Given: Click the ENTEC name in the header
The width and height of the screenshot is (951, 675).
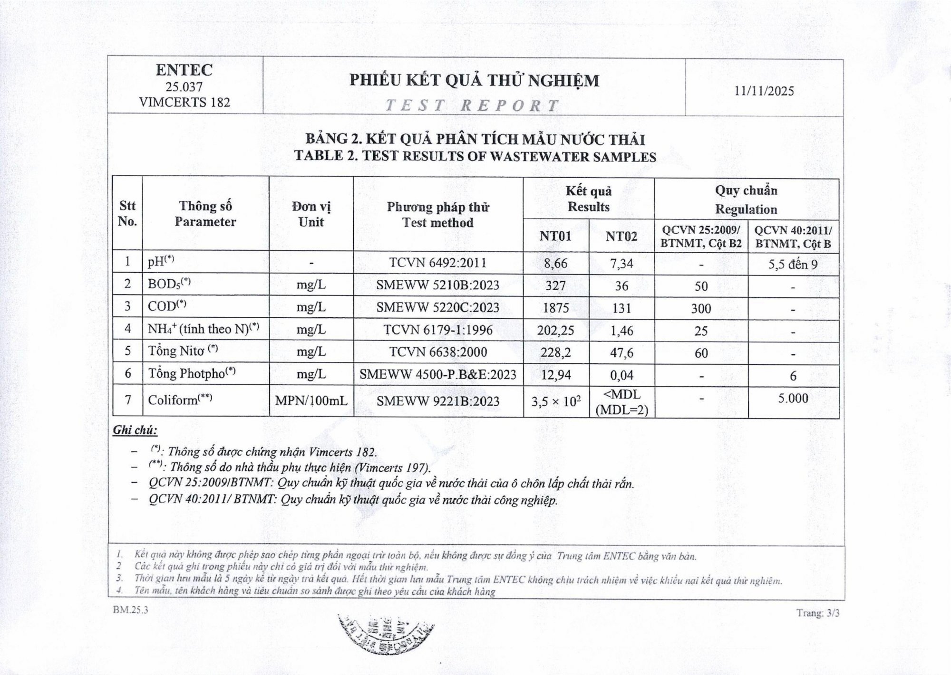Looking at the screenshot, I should tap(184, 70).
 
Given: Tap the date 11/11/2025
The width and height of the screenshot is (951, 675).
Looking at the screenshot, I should tap(764, 91).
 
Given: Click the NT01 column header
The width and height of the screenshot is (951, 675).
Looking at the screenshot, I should tap(555, 236).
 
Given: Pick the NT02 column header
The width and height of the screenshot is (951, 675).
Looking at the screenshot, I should tap(621, 236).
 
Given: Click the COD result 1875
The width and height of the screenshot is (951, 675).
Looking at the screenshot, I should tap(555, 308).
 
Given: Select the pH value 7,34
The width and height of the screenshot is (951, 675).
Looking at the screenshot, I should tap(621, 263).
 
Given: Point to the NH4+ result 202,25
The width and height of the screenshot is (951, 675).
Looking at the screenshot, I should tap(555, 330).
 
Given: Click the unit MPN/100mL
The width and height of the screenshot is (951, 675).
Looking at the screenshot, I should tap(311, 401).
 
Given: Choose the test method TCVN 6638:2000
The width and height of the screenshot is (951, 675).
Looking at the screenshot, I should tap(438, 352).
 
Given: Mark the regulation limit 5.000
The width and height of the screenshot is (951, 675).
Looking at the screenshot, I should tap(793, 398).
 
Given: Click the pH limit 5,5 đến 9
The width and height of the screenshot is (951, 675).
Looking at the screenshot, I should tap(793, 265).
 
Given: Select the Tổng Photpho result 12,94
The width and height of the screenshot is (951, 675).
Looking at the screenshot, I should tap(555, 375).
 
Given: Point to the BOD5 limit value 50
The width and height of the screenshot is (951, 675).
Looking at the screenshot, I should tap(701, 286).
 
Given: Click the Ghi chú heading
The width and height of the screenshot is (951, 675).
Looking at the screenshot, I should tap(135, 430).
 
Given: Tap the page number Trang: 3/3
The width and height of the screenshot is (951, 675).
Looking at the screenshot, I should tap(818, 613).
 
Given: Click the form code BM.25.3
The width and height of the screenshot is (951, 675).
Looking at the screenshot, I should tap(130, 610).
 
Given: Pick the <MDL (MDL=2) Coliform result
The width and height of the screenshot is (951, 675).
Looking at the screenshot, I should tap(621, 402).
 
